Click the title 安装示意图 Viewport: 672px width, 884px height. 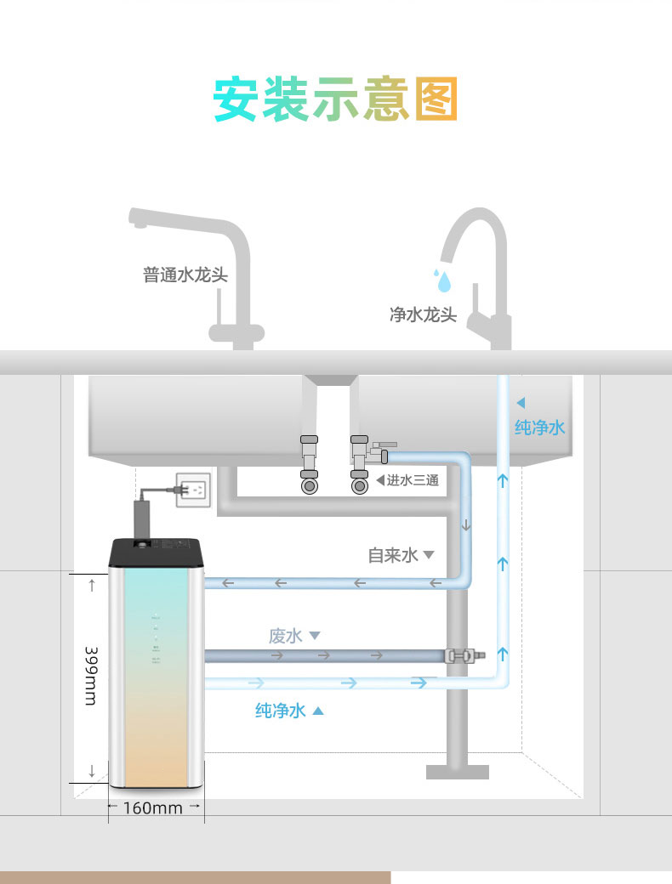point(335,100)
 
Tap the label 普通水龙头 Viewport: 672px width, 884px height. point(185,275)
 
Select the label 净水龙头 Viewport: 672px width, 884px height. point(423,315)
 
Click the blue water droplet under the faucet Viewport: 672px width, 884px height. point(441,280)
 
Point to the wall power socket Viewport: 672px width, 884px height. point(192,490)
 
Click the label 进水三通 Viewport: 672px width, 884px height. point(413,480)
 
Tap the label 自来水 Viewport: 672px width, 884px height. point(393,555)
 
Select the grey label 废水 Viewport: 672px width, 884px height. point(286,636)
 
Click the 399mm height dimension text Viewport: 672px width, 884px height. point(91,676)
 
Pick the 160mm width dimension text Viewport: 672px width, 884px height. point(153,807)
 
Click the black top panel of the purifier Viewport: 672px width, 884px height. point(158,552)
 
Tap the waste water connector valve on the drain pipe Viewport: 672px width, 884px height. point(459,655)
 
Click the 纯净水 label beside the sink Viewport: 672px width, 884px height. point(539,427)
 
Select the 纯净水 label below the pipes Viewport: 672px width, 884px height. point(280,711)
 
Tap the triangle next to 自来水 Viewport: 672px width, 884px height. point(429,555)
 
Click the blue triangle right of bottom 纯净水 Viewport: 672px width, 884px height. point(318,711)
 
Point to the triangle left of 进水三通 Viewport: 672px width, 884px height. point(380,480)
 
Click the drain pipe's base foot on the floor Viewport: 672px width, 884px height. point(458,772)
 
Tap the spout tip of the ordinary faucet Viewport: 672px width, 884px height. point(134,222)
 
